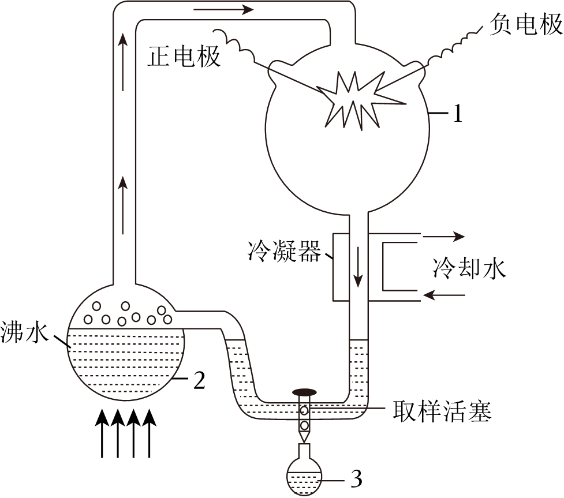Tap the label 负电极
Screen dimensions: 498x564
click(525, 25)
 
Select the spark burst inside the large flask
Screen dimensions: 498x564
click(354, 99)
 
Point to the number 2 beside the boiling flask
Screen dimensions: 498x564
click(198, 380)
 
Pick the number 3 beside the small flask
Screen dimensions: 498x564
click(356, 478)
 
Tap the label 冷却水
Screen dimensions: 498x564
click(469, 268)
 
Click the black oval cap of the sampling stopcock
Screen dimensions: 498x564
click(305, 392)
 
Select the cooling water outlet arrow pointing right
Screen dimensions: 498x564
click(444, 235)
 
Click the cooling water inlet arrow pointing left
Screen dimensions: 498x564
click(444, 295)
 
